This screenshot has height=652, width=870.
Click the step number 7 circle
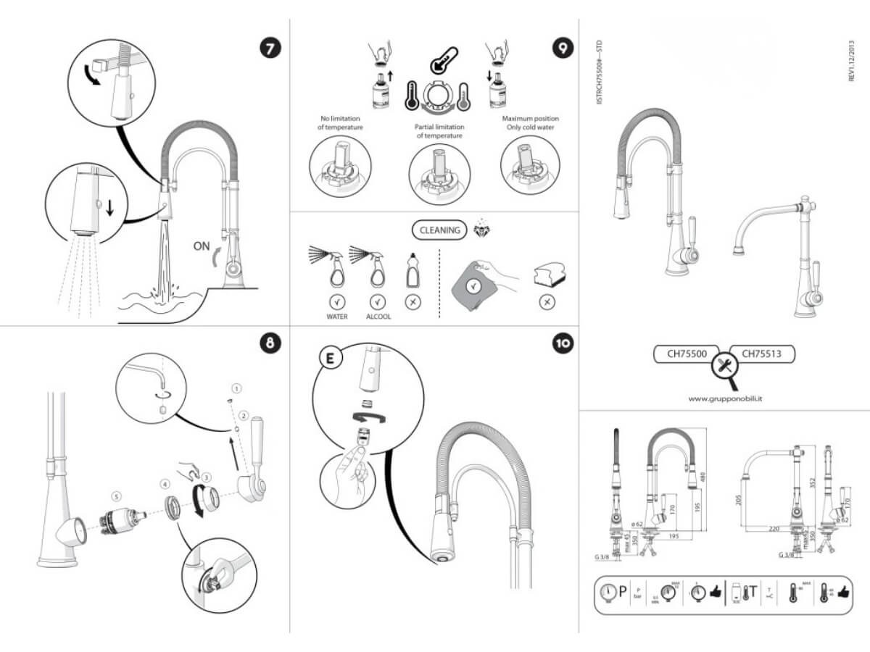click(270, 49)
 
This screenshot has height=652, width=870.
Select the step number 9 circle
click(561, 49)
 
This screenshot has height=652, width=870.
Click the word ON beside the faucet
click(202, 246)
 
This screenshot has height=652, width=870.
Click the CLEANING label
click(440, 230)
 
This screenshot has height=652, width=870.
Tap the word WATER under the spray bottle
click(337, 317)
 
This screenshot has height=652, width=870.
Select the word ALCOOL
click(377, 317)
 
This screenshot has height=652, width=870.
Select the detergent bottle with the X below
click(413, 272)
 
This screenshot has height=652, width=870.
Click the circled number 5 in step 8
click(116, 496)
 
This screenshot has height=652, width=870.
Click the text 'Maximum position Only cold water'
click(531, 123)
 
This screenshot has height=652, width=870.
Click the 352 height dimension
click(813, 482)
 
